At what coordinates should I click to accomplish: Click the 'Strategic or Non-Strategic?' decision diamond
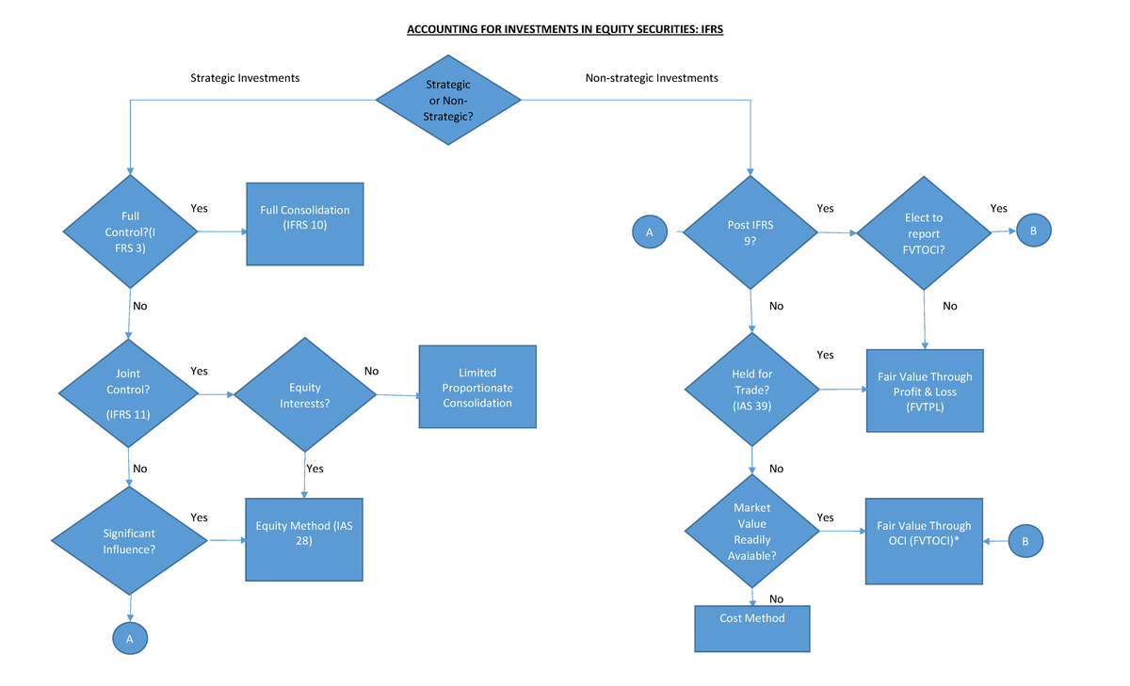click(x=448, y=100)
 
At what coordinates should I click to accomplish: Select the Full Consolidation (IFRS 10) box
click(x=304, y=223)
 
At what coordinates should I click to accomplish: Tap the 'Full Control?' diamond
click(x=130, y=231)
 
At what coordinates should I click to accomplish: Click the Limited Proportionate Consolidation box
click(x=477, y=387)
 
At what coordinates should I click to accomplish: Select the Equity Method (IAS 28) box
click(x=303, y=539)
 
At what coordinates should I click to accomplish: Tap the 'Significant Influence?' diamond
click(x=129, y=540)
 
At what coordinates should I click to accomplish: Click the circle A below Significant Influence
click(x=130, y=638)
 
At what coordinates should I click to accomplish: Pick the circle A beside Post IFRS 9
click(x=649, y=231)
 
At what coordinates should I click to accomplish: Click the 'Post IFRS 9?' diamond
click(x=751, y=231)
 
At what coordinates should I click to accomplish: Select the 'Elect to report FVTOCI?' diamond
click(x=923, y=231)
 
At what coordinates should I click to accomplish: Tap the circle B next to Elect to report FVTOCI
click(x=1032, y=230)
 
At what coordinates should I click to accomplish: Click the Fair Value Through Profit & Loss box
click(x=924, y=390)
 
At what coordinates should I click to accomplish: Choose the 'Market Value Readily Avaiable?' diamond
click(x=751, y=532)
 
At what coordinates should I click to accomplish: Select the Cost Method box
click(x=751, y=628)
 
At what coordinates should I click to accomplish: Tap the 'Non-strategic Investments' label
click(x=652, y=78)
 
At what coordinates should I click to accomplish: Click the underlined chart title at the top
click(x=564, y=30)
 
